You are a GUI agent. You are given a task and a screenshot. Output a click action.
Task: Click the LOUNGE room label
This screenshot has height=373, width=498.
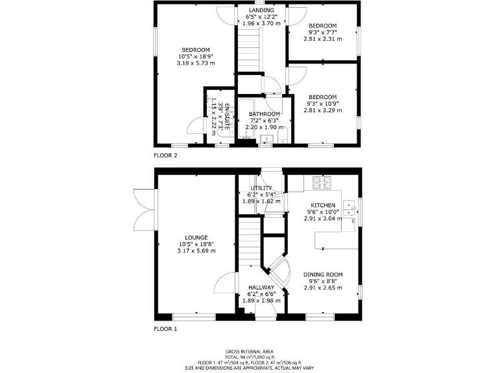[196, 238]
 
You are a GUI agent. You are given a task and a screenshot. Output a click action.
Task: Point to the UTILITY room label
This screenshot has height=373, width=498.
[261, 188]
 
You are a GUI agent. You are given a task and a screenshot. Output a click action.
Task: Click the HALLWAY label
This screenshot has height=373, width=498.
[261, 288]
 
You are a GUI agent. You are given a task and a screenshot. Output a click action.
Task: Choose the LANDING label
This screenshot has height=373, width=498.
[261, 10]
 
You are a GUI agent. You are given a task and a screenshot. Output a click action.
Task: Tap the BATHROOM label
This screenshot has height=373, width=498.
[265, 114]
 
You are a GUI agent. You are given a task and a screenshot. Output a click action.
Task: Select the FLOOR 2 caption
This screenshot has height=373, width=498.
[165, 155]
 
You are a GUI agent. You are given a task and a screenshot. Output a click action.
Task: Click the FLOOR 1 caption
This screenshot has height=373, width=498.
[165, 329]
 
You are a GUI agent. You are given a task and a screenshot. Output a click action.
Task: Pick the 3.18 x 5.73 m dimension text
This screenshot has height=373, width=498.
[196, 63]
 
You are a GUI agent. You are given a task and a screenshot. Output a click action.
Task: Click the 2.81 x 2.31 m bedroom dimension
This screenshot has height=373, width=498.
[322, 39]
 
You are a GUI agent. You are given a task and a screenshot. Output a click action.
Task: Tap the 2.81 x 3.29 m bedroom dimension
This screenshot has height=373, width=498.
[322, 110]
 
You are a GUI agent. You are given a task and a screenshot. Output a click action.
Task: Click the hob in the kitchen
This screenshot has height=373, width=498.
[322, 183]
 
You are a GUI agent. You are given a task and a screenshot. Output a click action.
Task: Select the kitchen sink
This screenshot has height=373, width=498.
[351, 206]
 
